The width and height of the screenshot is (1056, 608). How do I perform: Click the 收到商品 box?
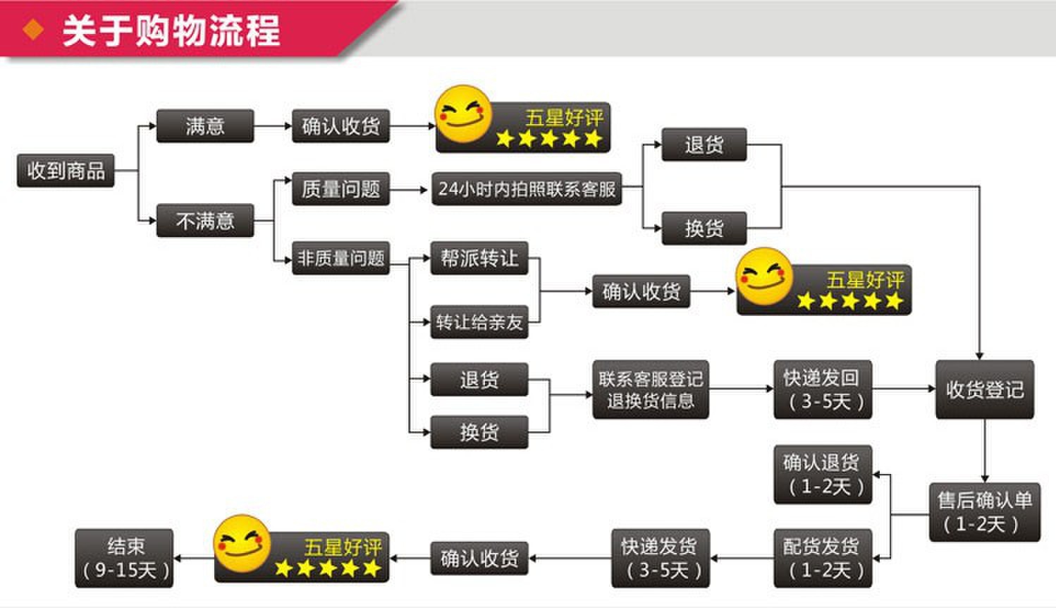(x=66, y=170)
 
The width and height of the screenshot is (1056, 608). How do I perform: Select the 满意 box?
(x=204, y=126)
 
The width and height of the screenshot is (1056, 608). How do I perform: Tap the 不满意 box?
(x=204, y=221)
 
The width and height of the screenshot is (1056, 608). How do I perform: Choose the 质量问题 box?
(x=340, y=189)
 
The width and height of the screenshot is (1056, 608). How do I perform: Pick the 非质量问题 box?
(x=340, y=258)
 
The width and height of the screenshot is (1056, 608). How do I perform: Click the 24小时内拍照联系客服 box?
(x=527, y=189)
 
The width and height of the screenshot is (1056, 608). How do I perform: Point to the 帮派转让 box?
(x=479, y=258)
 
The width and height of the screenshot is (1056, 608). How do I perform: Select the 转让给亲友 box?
(x=479, y=322)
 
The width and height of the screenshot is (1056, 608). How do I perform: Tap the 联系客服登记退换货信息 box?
(x=650, y=389)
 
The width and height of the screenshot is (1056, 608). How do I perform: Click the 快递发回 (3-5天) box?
(x=823, y=389)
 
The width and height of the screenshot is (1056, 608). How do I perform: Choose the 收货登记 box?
(x=984, y=389)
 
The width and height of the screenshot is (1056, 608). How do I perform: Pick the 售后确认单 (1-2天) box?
(x=984, y=512)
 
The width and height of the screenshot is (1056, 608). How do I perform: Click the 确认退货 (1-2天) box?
(x=823, y=474)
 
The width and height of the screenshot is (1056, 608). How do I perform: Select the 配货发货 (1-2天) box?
(x=823, y=558)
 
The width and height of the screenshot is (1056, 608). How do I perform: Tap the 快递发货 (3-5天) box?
(x=660, y=558)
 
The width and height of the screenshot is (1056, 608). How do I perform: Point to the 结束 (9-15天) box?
(x=125, y=558)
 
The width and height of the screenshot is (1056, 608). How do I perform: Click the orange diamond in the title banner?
(x=33, y=30)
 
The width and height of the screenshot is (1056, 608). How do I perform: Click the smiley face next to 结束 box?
(x=242, y=542)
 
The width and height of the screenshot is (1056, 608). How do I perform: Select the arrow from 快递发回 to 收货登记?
(x=903, y=389)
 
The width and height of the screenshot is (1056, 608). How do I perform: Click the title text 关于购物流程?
(x=171, y=31)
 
